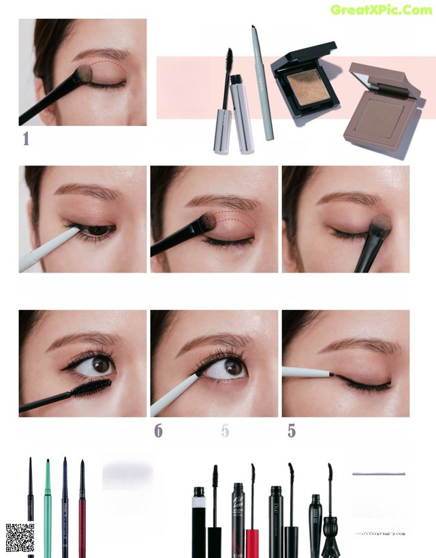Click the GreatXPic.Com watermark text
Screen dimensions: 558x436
point(381,10)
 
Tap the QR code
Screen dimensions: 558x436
point(20,538)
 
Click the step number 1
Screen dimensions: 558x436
point(26,139)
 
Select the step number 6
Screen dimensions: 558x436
point(158,431)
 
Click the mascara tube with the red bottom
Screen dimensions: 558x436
point(252,531)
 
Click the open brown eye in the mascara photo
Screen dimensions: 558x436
point(100,365)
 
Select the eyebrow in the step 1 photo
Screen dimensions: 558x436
point(102,53)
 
